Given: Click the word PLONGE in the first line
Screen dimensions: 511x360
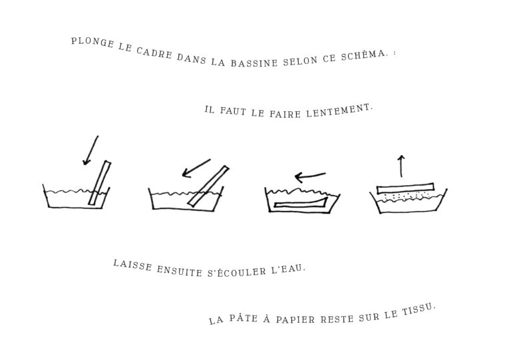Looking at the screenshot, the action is (92, 43).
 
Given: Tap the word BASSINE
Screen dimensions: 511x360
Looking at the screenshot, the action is (254, 63).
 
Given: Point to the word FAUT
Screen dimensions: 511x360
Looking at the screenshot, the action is (233, 111).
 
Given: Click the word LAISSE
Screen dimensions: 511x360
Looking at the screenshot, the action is (132, 266).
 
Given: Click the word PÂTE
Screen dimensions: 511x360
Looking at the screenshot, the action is (244, 318).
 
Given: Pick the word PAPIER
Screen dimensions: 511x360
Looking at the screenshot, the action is (295, 319).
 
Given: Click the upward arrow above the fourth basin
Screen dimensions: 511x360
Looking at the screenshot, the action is (401, 166).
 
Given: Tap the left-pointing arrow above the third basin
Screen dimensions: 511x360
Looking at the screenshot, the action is (310, 177).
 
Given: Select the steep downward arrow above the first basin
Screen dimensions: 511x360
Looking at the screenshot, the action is (90, 150).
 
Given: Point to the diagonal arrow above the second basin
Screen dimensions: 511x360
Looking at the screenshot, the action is (196, 168).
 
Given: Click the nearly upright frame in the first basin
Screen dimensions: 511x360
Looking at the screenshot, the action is (99, 183).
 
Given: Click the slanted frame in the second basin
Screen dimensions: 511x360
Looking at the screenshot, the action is (208, 186).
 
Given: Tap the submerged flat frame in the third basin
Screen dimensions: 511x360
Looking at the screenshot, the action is (301, 202).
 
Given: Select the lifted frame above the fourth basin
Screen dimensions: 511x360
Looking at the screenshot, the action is (405, 188).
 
